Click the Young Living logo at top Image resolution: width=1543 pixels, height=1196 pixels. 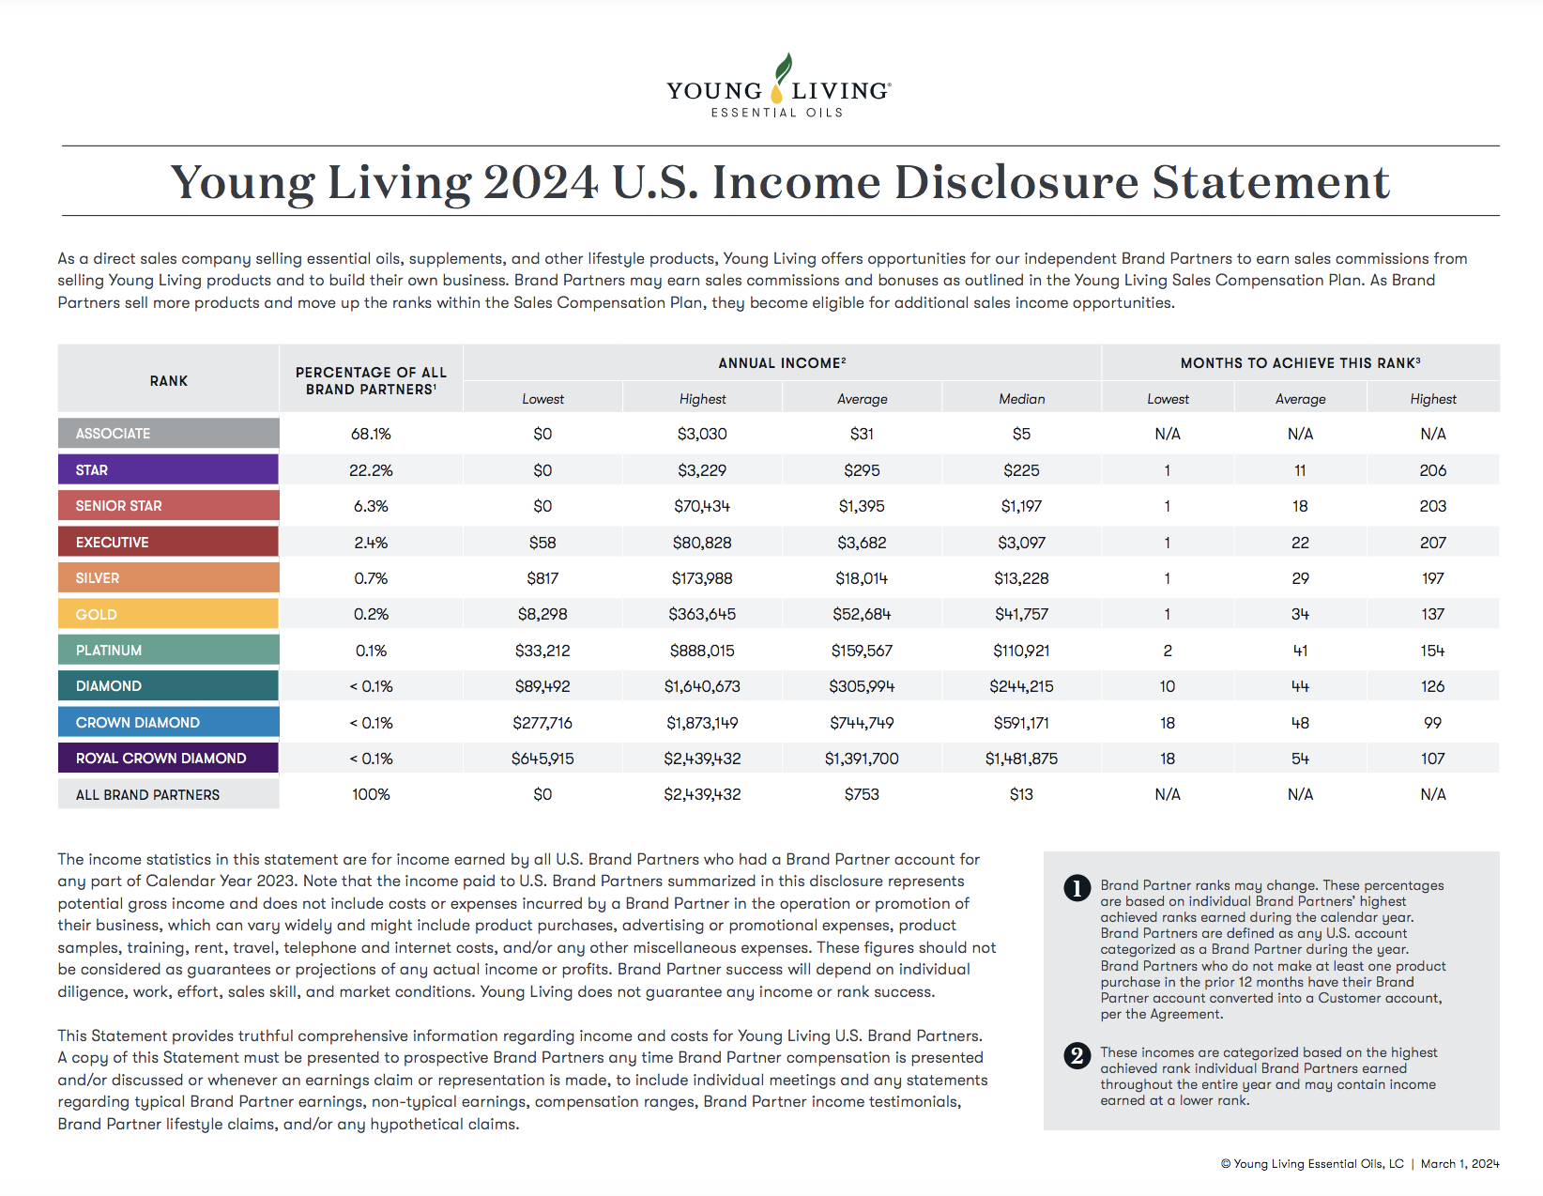click(778, 86)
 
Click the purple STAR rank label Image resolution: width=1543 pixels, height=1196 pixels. click(168, 469)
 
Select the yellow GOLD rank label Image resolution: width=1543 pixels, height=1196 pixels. click(168, 614)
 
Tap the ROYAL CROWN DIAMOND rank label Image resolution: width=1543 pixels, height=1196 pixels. click(168, 758)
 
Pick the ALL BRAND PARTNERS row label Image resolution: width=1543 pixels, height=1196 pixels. click(168, 794)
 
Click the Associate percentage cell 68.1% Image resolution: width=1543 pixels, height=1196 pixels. click(371, 434)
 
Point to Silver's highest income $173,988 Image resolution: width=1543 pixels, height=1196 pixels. click(702, 578)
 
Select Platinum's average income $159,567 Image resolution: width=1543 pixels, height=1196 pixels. click(862, 651)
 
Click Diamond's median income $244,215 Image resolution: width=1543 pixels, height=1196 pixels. click(1021, 686)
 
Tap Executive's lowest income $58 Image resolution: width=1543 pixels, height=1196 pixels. click(542, 543)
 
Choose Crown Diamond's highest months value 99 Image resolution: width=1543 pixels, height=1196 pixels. click(1432, 723)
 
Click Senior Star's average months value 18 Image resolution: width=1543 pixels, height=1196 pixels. click(1300, 506)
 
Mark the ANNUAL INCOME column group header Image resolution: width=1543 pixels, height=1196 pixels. click(782, 363)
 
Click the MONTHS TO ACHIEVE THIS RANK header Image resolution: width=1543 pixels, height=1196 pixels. click(1300, 363)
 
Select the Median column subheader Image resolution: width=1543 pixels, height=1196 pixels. click(1021, 399)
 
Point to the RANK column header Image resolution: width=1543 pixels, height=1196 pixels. click(168, 380)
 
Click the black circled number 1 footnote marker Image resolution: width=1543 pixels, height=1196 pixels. click(1077, 888)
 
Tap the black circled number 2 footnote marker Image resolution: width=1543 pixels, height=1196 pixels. click(1077, 1055)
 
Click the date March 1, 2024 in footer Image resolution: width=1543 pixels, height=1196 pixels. click(1459, 1163)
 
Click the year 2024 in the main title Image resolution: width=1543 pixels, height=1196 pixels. click(541, 182)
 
